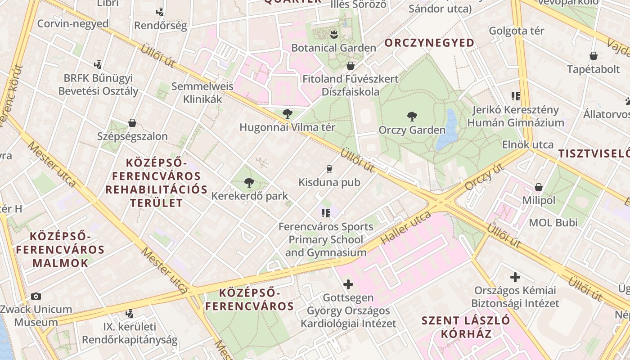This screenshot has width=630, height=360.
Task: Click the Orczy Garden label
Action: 412,130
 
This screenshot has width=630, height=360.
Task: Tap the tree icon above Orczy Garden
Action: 412,117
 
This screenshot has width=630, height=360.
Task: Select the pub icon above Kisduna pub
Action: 329,169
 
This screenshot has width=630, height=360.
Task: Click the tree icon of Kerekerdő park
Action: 249,183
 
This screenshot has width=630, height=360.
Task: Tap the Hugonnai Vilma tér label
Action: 287,127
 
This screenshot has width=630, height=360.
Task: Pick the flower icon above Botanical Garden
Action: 333,34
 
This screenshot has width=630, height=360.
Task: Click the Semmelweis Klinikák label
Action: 202,92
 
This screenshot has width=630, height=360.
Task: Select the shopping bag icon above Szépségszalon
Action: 132,123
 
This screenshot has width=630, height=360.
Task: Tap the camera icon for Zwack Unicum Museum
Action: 36,296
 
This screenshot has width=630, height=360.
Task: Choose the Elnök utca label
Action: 527,145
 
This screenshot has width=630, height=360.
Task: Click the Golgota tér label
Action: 516,31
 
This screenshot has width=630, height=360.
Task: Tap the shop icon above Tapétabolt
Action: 594,56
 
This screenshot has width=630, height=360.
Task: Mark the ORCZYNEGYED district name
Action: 429,43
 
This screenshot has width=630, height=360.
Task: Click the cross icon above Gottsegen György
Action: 348,284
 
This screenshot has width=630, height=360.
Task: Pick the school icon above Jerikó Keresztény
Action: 515,96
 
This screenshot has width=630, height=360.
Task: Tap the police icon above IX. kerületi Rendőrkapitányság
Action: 130,313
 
